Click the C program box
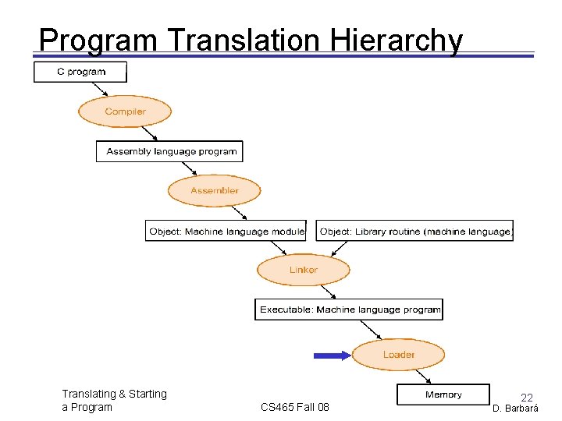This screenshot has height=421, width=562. click(x=80, y=72)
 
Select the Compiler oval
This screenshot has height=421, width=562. click(x=125, y=111)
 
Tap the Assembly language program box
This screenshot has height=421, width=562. click(x=169, y=151)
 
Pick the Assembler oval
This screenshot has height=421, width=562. click(x=214, y=191)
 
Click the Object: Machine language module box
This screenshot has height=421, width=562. click(x=226, y=231)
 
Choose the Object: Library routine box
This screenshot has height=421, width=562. click(x=414, y=231)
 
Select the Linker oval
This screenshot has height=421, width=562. click(x=304, y=270)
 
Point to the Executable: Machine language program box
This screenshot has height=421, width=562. click(x=349, y=310)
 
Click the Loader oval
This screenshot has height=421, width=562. click(x=398, y=355)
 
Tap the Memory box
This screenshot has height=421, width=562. click(x=443, y=394)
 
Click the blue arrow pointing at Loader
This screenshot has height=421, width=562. click(x=333, y=356)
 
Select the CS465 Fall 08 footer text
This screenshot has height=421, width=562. click(x=295, y=407)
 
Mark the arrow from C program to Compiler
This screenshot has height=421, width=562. click(x=100, y=89)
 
